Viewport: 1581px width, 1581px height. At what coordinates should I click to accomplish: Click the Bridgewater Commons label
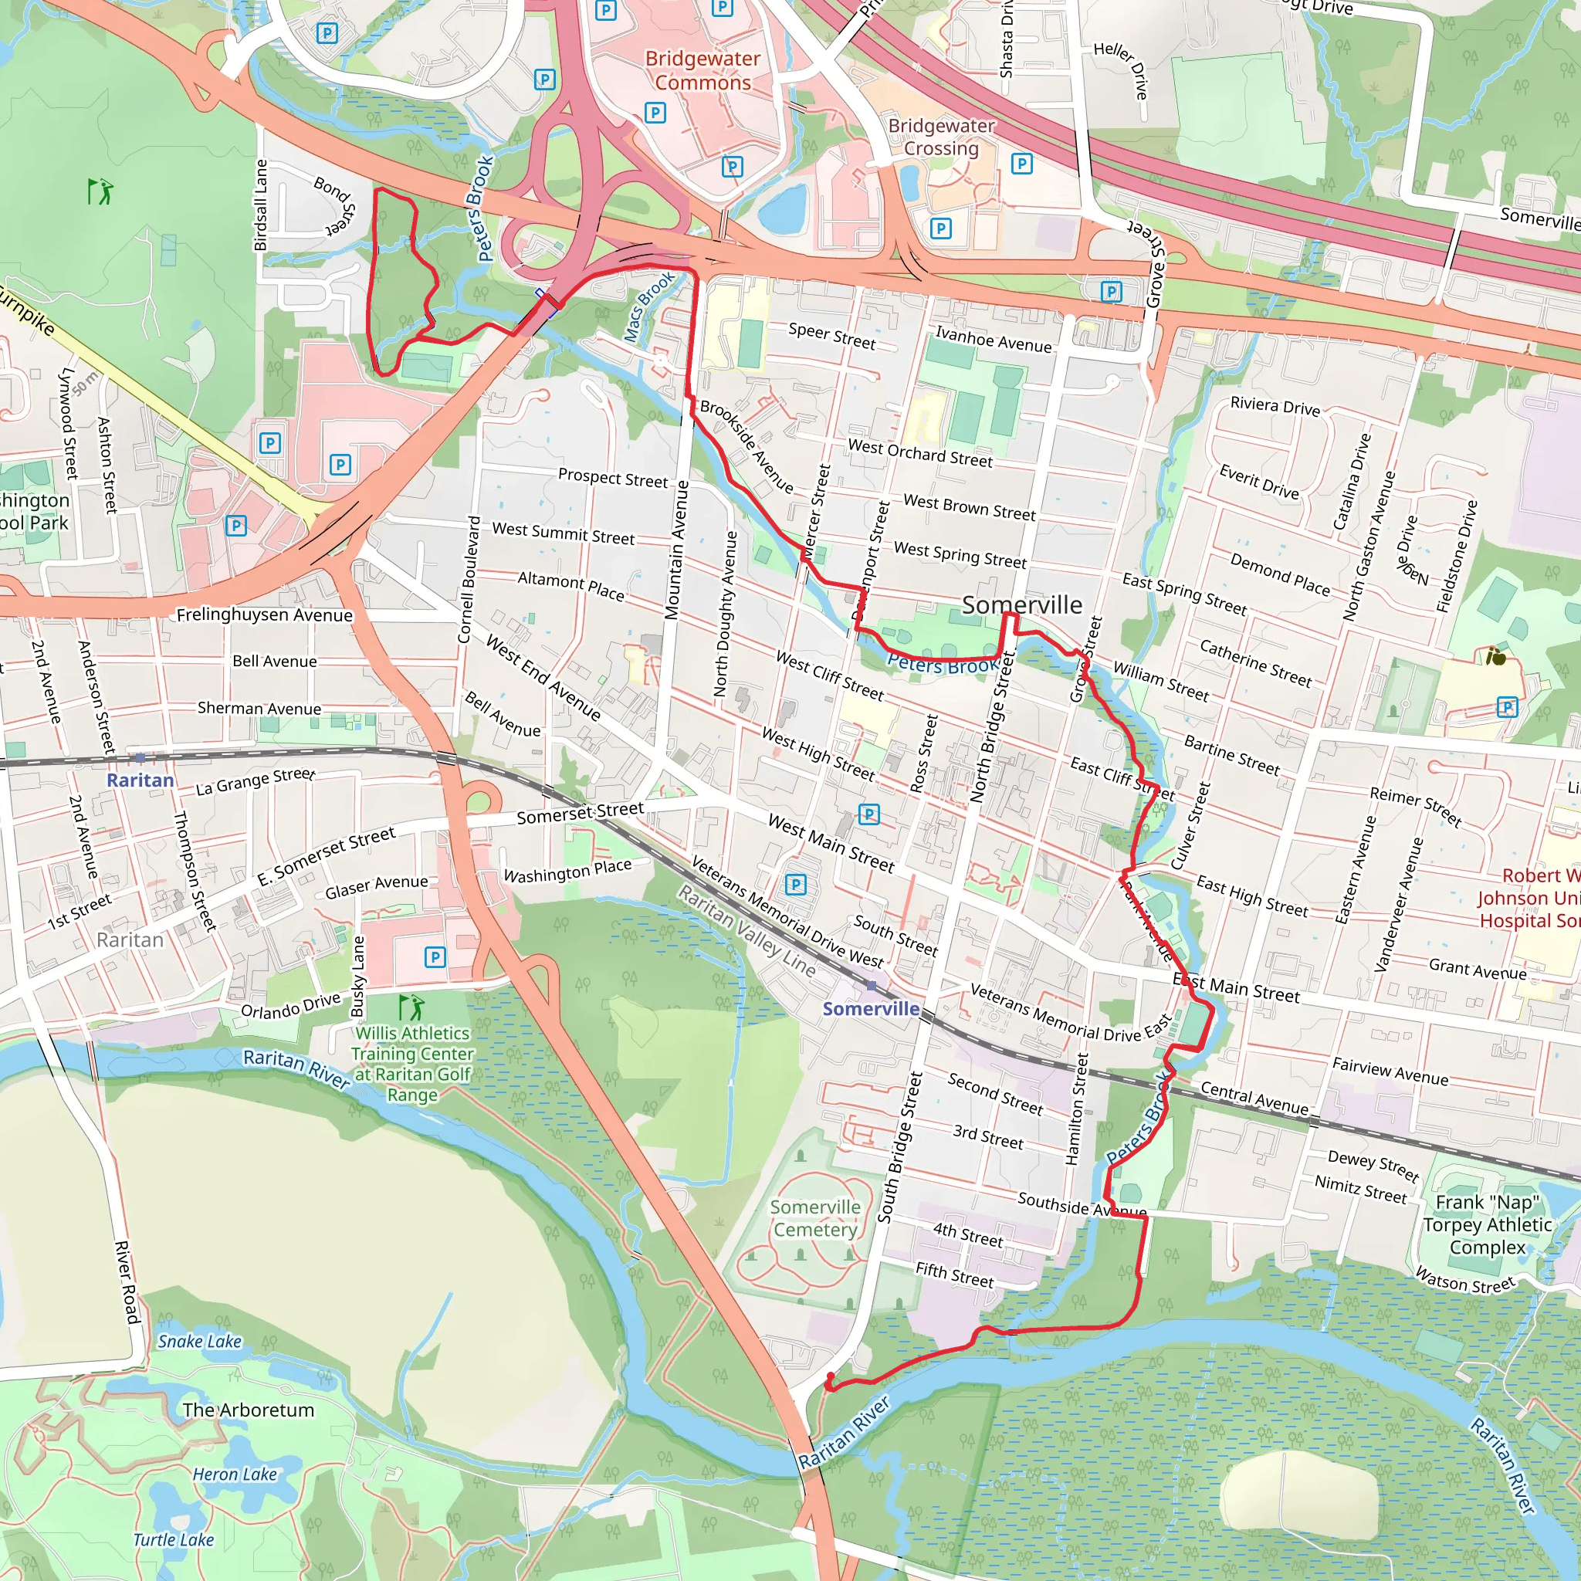tap(702, 70)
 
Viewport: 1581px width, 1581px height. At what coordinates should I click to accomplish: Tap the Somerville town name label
tap(1021, 604)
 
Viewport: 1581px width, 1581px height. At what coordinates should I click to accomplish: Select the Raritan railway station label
tap(140, 780)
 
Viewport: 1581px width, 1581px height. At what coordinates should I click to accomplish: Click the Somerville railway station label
tap(871, 1008)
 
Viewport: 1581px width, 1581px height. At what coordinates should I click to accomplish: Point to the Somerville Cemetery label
tap(815, 1218)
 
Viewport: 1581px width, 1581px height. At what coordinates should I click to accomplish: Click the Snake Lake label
tap(200, 1341)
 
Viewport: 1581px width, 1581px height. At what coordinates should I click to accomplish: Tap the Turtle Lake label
tap(174, 1540)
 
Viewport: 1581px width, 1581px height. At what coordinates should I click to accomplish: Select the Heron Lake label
tap(235, 1474)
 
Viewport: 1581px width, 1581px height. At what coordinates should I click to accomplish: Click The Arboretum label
tap(248, 1410)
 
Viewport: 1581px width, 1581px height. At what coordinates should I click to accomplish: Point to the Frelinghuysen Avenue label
tap(264, 614)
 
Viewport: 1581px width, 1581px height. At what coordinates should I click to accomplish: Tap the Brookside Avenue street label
tap(746, 447)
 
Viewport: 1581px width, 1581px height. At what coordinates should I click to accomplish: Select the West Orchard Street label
tap(919, 453)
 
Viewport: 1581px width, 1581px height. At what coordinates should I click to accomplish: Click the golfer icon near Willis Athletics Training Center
tap(411, 1007)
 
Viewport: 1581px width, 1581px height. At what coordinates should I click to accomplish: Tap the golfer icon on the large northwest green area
tap(100, 191)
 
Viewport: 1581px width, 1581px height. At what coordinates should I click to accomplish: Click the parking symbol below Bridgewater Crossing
tap(941, 229)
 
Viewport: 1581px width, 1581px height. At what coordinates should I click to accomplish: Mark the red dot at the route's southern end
tap(831, 1376)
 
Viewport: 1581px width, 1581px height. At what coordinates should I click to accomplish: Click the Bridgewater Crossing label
tap(941, 137)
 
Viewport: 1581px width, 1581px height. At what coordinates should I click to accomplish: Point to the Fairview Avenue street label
tap(1390, 1071)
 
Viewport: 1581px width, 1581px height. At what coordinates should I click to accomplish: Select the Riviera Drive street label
tap(1275, 407)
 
